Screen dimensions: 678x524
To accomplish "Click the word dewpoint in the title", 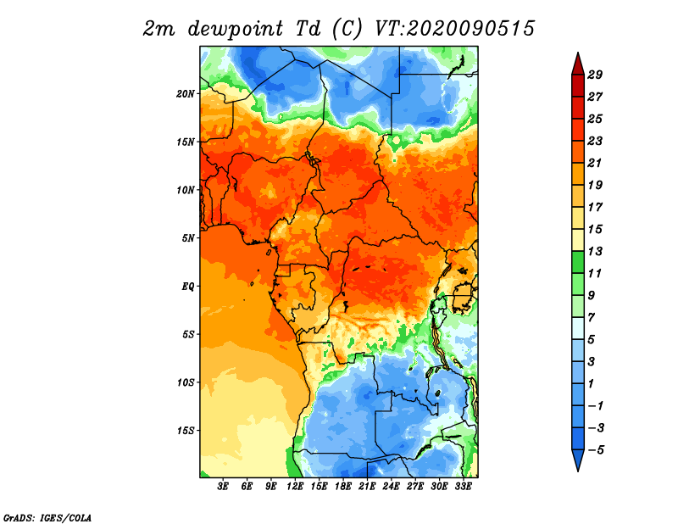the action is click(236, 30).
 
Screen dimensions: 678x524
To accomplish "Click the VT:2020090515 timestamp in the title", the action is click(454, 29).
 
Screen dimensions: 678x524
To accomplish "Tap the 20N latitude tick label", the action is click(186, 93).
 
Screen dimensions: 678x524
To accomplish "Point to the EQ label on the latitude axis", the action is click(187, 287).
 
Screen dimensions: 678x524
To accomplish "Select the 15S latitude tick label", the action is click(186, 431).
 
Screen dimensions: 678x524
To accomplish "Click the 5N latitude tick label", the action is click(188, 238).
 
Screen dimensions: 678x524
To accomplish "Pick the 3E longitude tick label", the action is click(223, 487).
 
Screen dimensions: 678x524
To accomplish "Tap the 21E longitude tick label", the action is click(367, 487).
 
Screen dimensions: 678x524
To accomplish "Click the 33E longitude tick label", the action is click(463, 487).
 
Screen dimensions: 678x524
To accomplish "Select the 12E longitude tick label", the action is click(295, 487).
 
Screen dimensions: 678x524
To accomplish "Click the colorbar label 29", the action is click(595, 75).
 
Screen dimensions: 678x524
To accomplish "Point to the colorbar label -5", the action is click(596, 450).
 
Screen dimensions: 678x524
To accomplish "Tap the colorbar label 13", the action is click(595, 251).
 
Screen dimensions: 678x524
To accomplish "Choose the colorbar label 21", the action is click(595, 163).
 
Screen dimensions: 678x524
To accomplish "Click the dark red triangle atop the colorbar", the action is click(578, 65).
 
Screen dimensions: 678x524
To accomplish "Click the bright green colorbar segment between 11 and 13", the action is click(578, 262).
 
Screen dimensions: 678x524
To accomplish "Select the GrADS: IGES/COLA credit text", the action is click(47, 517).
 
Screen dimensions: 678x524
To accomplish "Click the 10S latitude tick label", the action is click(186, 382).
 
